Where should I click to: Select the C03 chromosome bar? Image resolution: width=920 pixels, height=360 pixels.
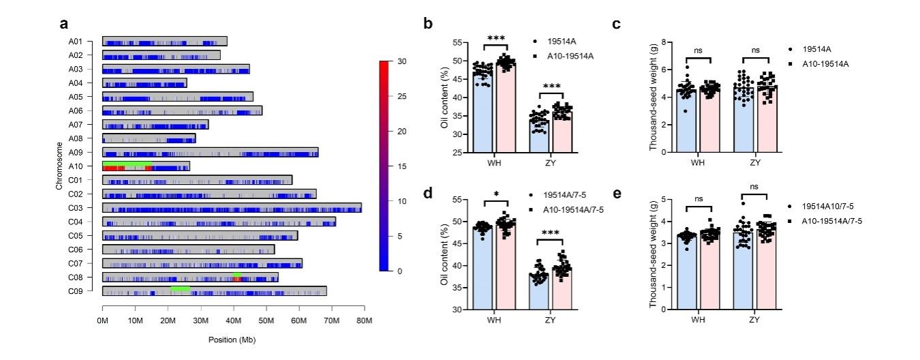[x=232, y=207]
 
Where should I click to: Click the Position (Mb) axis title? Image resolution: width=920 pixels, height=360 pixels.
[x=232, y=338]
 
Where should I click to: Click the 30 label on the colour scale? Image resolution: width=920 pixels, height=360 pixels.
[x=402, y=61]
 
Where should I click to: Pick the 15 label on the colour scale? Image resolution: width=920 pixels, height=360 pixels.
[x=402, y=166]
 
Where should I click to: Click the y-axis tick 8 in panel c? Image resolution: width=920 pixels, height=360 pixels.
[x=662, y=42]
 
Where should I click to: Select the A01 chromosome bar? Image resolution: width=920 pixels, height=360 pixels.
[x=164, y=41]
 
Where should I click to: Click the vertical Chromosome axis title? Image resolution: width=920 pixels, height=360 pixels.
[x=60, y=166]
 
